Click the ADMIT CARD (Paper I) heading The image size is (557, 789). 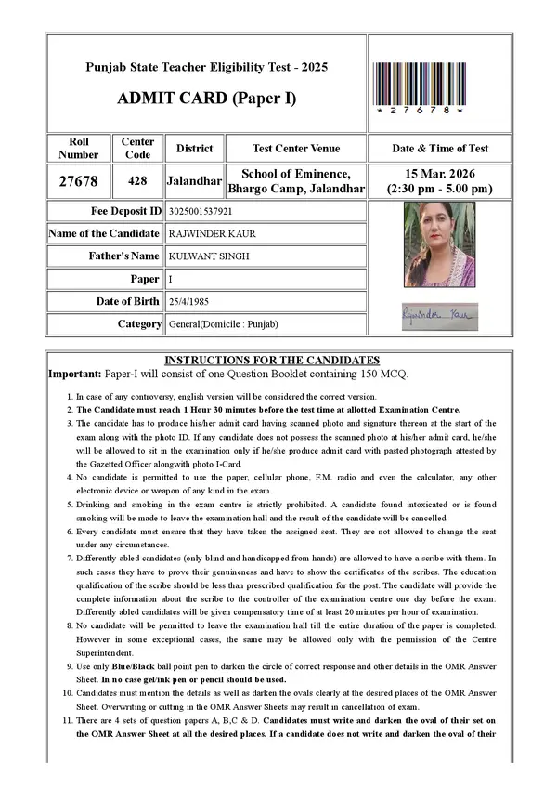click(207, 98)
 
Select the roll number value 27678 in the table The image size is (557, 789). click(78, 181)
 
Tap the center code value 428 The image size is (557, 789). click(137, 181)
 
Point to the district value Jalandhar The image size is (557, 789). click(194, 181)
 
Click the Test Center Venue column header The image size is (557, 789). click(296, 149)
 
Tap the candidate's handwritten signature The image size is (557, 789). click(440, 316)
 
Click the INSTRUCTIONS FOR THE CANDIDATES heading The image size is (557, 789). click(272, 360)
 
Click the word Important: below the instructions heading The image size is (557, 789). click(76, 373)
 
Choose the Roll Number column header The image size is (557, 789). click(78, 149)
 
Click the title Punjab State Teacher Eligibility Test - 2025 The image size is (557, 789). click(207, 68)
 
